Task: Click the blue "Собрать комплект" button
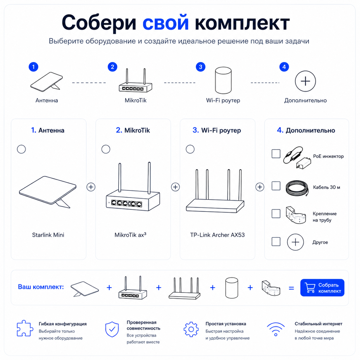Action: [x=322, y=288]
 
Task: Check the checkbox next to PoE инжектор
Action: [x=276, y=154]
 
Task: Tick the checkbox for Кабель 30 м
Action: [x=276, y=186]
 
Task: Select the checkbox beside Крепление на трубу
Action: [x=276, y=214]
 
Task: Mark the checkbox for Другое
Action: [x=276, y=241]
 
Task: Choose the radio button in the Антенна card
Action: [x=21, y=149]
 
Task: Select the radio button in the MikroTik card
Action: [x=106, y=149]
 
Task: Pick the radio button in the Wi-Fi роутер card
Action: [x=190, y=149]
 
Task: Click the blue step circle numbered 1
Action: [x=33, y=67]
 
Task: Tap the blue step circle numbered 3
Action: [x=201, y=67]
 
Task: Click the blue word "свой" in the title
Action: [x=166, y=23]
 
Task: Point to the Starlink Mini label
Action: [x=48, y=235]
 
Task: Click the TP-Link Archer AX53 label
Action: [x=217, y=235]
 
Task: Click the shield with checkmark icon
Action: [x=112, y=329]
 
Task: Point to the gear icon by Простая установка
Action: [x=191, y=329]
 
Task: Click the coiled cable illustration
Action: [x=297, y=188]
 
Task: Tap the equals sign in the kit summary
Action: [x=291, y=288]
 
